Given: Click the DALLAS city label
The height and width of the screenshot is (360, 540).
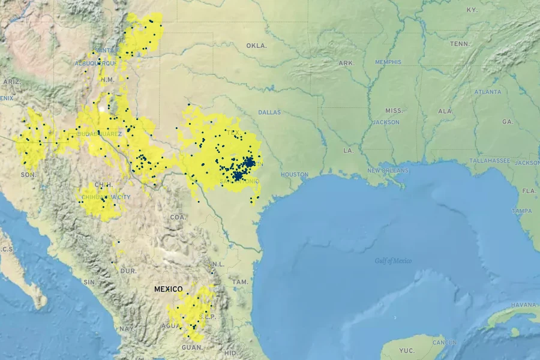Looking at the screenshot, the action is (269, 112).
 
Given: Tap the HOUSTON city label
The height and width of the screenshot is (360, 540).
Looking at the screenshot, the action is (294, 175).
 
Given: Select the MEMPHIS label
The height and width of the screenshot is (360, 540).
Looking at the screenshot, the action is (388, 62).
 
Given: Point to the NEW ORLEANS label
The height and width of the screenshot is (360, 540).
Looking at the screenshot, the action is (388, 170).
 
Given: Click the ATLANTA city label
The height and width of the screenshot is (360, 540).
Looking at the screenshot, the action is (487, 92).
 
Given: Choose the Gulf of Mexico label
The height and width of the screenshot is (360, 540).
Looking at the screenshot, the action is (393, 260).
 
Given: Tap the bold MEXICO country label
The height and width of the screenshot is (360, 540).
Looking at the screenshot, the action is (168, 289).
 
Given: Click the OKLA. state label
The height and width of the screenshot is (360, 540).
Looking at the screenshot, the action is (256, 46).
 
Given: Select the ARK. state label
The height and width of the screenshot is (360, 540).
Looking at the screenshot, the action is (346, 63).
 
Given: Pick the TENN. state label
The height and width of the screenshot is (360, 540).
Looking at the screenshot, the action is (460, 44).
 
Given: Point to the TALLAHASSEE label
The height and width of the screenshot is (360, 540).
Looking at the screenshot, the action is (490, 161).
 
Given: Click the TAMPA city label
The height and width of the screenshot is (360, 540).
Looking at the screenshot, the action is (521, 211).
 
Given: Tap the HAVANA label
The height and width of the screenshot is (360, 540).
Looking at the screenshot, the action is (524, 305).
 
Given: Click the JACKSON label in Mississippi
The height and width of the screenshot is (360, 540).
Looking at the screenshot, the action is (385, 122).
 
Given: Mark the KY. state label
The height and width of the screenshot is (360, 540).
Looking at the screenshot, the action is (472, 10).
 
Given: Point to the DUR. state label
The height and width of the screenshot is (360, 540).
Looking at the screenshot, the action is (128, 271).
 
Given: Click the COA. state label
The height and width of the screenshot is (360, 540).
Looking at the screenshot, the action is (178, 217).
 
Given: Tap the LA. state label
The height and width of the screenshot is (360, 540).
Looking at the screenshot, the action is (348, 150).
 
